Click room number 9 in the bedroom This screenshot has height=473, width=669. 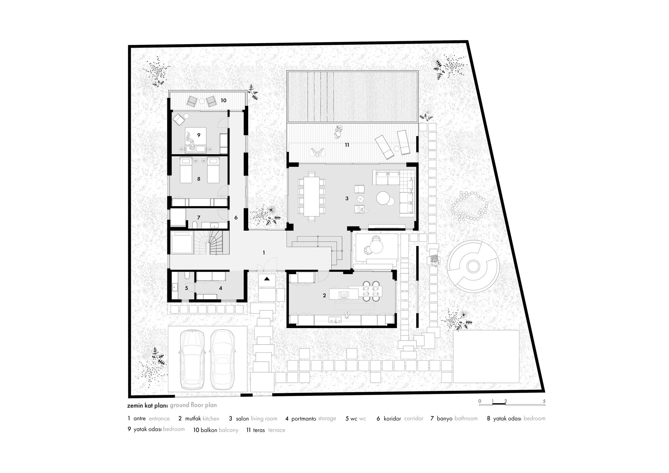(x=199, y=135)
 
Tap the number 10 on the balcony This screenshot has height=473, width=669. (x=223, y=100)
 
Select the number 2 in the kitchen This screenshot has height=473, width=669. (x=324, y=296)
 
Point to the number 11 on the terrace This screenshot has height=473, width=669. (x=347, y=145)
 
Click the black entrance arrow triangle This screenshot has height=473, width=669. (x=267, y=279)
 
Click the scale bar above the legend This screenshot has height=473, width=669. (x=512, y=405)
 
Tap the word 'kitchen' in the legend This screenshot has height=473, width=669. (x=211, y=418)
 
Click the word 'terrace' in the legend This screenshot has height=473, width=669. (x=276, y=430)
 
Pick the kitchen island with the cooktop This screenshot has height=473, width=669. (x=344, y=294)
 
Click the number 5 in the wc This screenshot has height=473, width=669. (x=186, y=288)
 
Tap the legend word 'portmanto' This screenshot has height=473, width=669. (x=303, y=418)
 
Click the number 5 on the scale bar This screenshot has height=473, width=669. (x=544, y=401)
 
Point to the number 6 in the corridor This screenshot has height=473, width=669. (x=236, y=218)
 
